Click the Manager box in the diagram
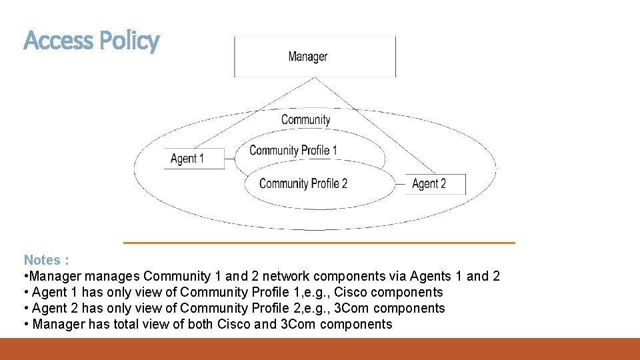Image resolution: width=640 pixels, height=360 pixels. pyautogui.click(x=314, y=57)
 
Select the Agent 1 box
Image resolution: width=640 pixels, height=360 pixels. pyautogui.click(x=194, y=159)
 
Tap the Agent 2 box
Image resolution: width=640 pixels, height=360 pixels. pyautogui.click(x=435, y=183)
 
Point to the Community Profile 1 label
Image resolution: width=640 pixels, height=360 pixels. pyautogui.click(x=293, y=150)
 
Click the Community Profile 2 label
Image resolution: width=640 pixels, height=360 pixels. pyautogui.click(x=303, y=183)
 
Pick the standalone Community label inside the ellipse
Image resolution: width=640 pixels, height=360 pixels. pyautogui.click(x=305, y=120)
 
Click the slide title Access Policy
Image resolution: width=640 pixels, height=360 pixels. pyautogui.click(x=91, y=41)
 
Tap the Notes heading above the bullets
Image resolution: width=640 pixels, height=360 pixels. pyautogui.click(x=46, y=260)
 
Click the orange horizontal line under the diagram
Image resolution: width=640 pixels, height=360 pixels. pyautogui.click(x=319, y=243)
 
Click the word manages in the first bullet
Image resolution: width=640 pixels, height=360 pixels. pyautogui.click(x=114, y=276)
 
